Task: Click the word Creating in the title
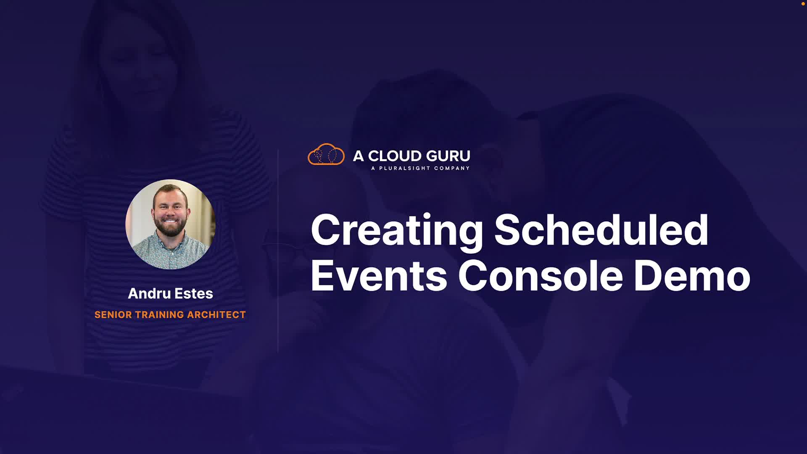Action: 397,231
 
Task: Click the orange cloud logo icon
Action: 326,154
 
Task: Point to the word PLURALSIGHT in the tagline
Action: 405,168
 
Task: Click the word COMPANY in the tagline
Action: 452,168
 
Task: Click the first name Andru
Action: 149,293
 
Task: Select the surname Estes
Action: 194,293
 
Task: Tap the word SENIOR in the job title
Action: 113,315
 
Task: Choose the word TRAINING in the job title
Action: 160,315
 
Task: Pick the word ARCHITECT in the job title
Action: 216,315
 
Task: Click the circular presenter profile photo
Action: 170,224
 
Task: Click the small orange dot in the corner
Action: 803,4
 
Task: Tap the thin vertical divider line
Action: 278,251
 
